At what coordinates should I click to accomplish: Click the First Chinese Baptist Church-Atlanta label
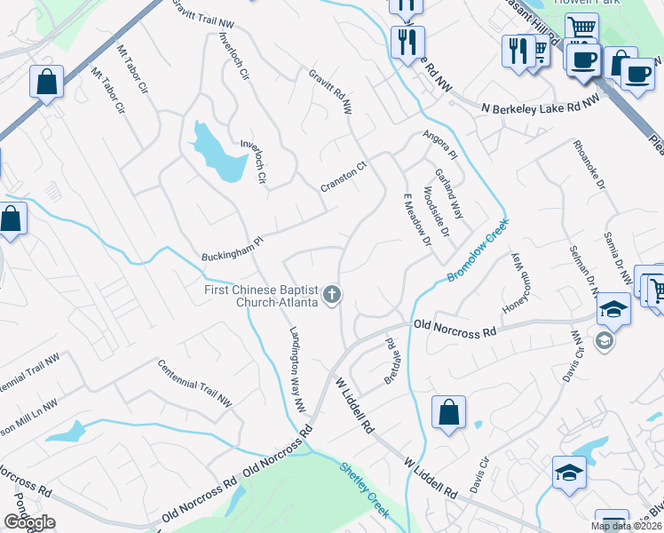tap(258, 296)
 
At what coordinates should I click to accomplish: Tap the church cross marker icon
tap(332, 294)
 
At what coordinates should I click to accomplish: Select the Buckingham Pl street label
tap(233, 246)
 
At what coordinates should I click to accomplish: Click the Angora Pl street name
tap(439, 141)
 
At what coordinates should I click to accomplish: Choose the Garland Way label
tap(449, 194)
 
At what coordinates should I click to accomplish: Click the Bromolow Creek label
tap(478, 251)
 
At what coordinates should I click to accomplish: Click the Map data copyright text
tap(627, 526)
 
